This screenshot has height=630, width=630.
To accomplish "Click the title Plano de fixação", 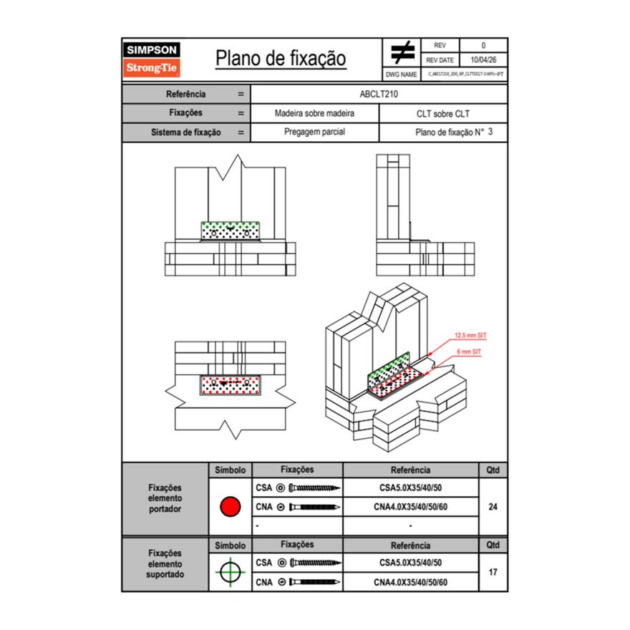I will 281,58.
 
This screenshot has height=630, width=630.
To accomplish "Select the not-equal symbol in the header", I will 402,52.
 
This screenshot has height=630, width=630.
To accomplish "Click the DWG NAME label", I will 401,74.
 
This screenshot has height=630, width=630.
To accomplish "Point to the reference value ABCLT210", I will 379,94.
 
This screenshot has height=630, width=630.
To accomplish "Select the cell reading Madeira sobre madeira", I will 314,114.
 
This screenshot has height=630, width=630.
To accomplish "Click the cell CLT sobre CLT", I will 442,114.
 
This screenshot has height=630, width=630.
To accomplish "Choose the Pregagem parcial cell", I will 314,132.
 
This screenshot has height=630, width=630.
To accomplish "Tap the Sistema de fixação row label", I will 185,132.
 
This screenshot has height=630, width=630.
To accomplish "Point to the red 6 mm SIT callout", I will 468,352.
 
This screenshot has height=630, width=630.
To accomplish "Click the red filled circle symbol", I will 229,507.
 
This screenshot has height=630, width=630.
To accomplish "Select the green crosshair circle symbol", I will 229,572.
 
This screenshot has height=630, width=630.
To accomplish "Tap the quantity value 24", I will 493,507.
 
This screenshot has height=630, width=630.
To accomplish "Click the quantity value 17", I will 493,572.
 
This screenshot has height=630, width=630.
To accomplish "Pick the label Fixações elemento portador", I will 165,498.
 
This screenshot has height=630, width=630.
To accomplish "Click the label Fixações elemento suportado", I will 165,563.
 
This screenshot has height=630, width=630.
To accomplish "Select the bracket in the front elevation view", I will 231,231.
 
